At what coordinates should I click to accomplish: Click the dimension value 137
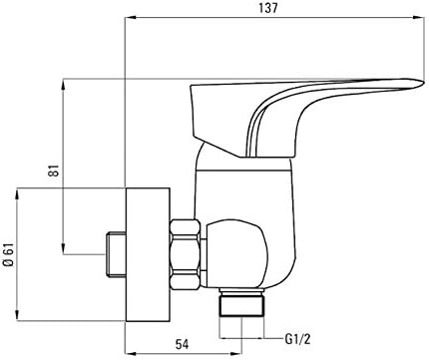click(x=268, y=8)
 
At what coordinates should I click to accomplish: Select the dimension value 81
click(x=55, y=171)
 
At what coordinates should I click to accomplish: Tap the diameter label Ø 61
click(x=9, y=254)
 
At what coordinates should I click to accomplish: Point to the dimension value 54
click(x=182, y=344)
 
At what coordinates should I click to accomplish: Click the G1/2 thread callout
click(x=297, y=339)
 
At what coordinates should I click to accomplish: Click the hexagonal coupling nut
click(x=186, y=253)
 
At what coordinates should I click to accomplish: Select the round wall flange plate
click(x=148, y=254)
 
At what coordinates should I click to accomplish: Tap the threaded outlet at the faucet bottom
click(x=241, y=302)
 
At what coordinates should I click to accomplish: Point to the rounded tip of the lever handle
click(x=422, y=83)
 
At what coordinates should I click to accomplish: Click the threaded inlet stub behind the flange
click(x=116, y=254)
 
